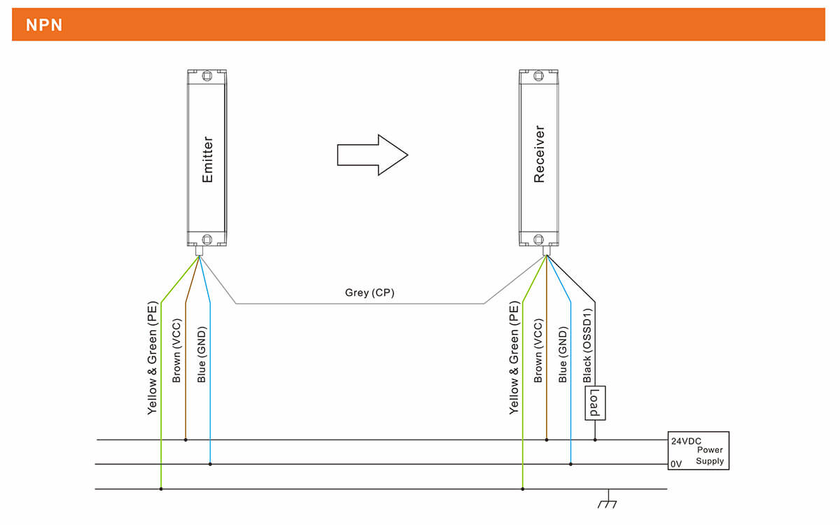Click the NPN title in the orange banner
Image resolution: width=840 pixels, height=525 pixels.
44,25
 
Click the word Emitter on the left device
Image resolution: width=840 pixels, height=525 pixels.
207,160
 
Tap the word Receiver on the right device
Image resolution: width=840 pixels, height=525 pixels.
539,154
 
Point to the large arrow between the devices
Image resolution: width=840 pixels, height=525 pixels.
372,155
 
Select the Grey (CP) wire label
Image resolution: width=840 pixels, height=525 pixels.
370,293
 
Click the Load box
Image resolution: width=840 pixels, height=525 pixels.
595,403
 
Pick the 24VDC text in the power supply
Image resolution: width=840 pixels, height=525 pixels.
687,442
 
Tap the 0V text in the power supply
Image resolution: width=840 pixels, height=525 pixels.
676,463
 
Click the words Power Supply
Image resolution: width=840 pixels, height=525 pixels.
710,456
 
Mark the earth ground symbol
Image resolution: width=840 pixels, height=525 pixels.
607,500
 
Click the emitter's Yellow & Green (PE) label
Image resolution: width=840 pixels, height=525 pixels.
152,358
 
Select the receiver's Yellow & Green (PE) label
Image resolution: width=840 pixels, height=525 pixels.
514,358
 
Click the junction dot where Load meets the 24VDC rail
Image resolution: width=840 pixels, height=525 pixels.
595,440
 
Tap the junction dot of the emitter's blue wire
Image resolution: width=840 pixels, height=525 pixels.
210,464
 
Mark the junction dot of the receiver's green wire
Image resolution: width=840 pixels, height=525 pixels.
522,489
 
